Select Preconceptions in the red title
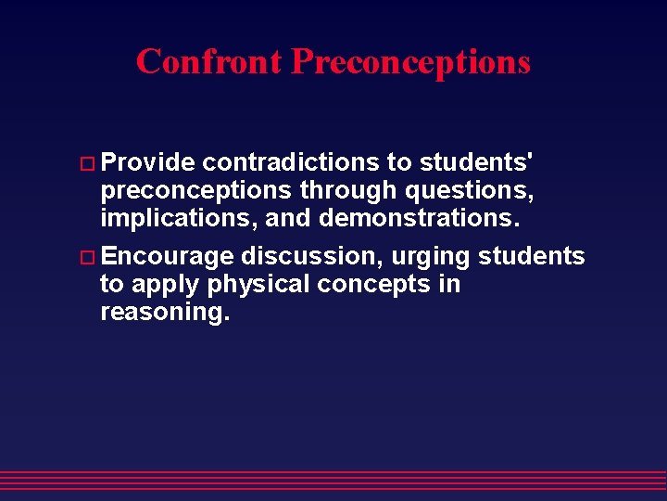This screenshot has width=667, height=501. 410,61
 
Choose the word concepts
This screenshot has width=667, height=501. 372,285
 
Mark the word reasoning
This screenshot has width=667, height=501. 164,313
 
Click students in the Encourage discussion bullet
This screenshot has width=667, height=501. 531,256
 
